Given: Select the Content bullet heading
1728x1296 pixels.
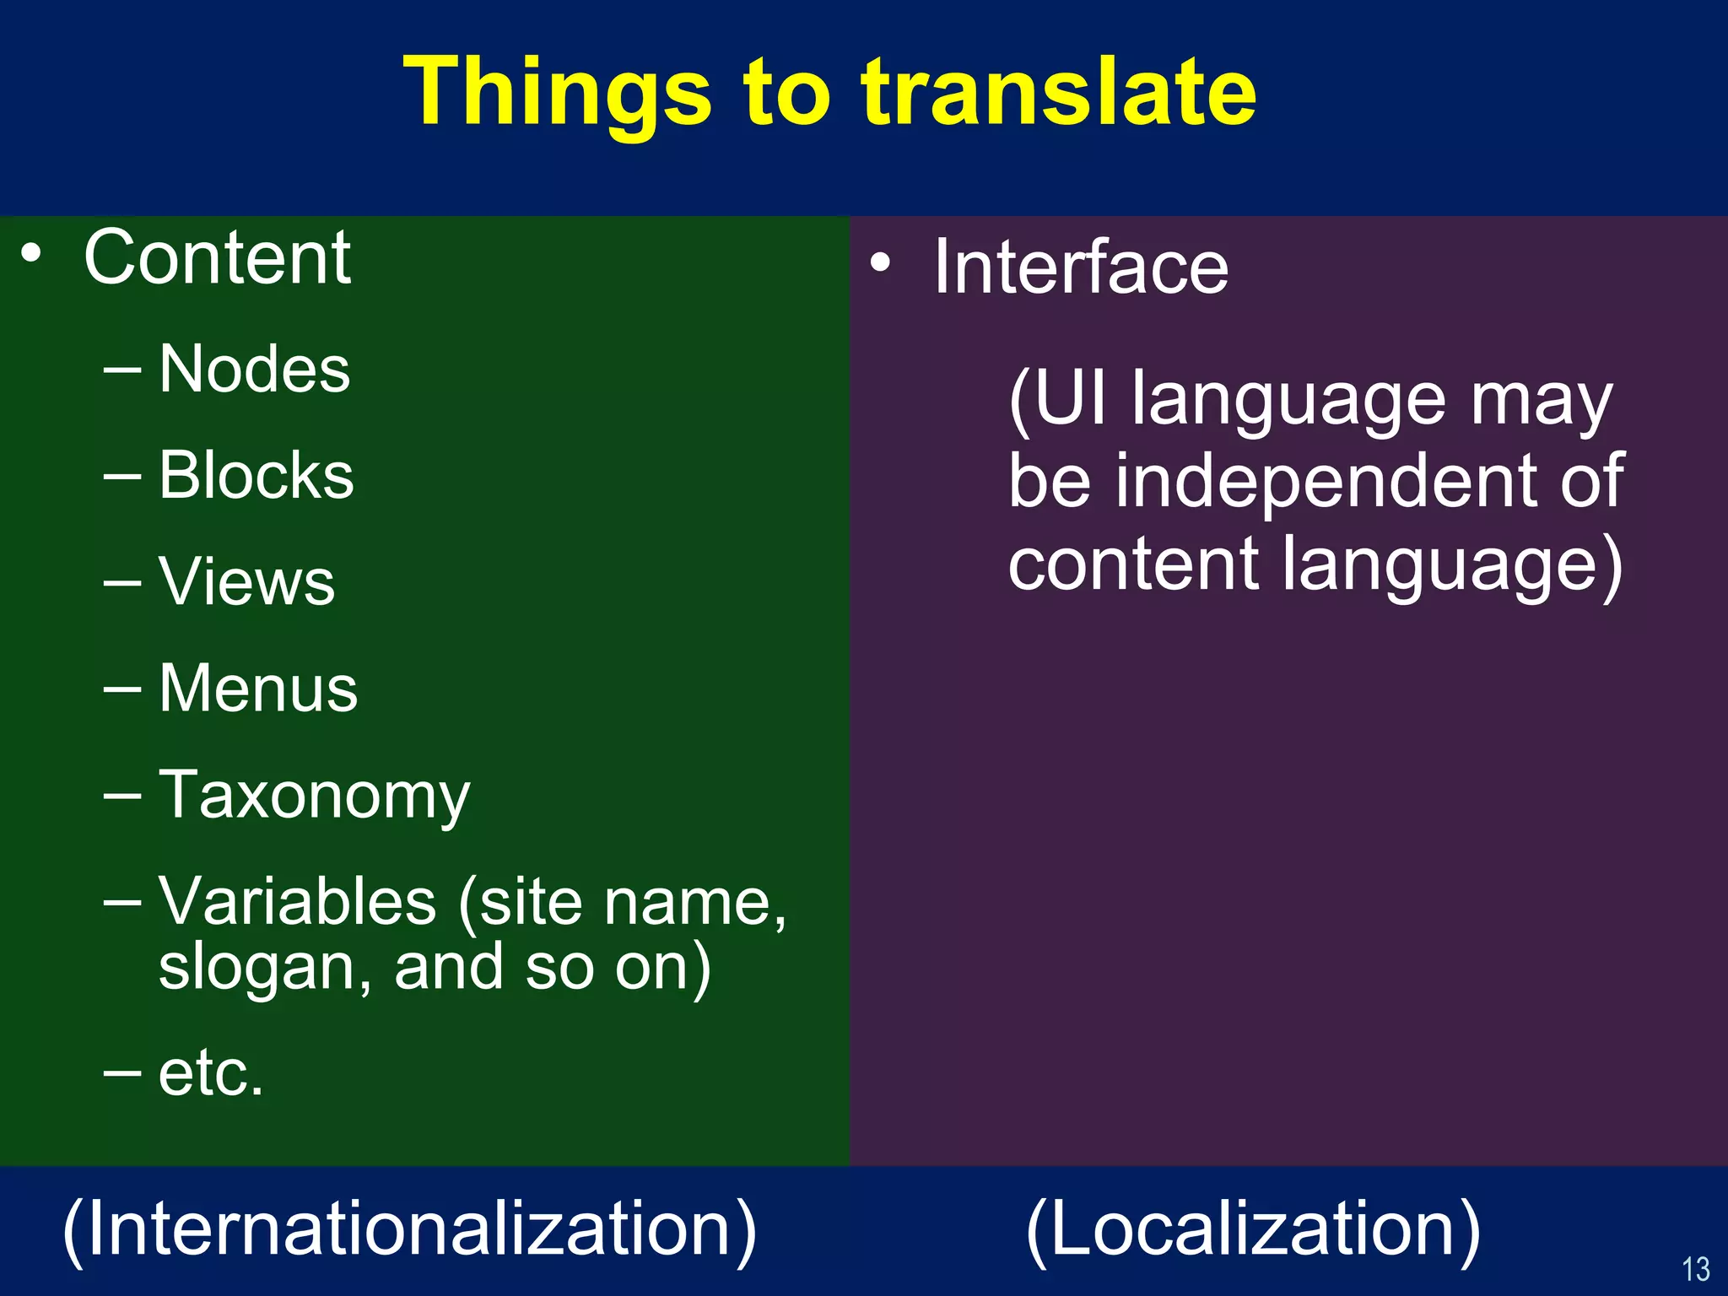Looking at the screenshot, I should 217,258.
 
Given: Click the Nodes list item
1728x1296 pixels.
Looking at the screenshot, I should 254,370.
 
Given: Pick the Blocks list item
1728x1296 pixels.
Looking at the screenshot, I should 256,476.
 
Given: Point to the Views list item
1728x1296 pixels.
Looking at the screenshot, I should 246,582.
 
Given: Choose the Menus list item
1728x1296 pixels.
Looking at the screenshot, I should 258,688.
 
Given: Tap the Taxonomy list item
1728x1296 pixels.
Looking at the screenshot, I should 314,795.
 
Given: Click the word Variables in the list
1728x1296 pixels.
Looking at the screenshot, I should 297,901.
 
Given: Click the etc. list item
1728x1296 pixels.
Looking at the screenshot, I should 211,1073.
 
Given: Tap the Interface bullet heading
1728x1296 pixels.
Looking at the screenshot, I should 1081,267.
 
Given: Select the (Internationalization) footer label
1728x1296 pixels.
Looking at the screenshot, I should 410,1230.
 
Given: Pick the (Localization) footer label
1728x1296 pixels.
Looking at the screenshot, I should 1254,1230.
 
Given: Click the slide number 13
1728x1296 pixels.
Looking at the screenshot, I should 1695,1269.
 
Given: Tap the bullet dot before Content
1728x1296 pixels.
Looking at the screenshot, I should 31,253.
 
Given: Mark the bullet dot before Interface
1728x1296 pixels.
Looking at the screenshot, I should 880,262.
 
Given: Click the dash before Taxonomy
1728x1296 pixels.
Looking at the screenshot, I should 122,795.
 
